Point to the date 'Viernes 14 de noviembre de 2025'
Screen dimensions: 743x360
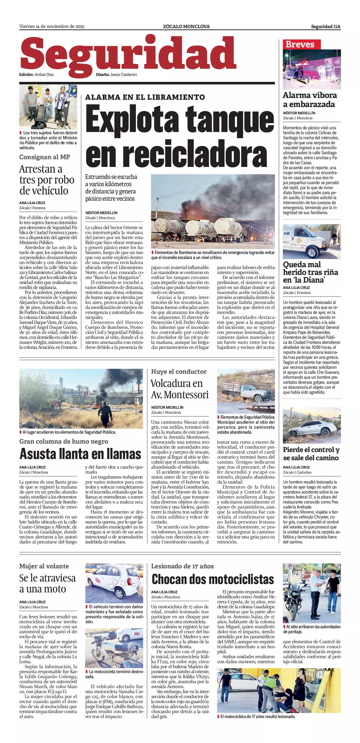pos(52,27)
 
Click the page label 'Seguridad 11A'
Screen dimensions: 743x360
pos(325,27)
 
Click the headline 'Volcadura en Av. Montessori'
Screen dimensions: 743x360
pos(180,389)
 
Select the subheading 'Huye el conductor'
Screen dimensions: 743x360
pos(179,371)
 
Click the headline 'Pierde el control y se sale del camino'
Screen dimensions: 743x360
pos(311,453)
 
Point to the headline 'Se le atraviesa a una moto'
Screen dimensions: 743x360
pos(48,583)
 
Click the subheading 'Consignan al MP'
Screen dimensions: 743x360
pos(45,157)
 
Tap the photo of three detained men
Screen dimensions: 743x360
pos(48,106)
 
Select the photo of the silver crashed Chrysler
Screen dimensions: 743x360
pos(311,425)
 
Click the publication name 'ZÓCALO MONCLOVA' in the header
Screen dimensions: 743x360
pos(186,27)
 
